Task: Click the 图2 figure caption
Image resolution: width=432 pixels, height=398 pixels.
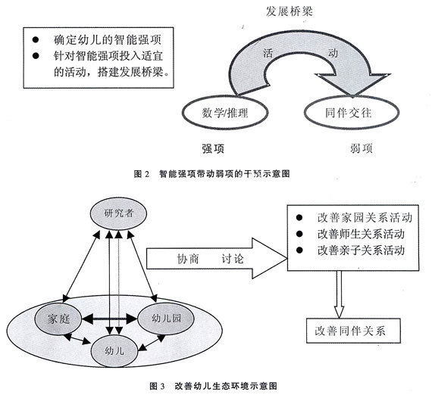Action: tap(215, 173)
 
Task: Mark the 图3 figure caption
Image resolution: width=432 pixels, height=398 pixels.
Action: tap(214, 384)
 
